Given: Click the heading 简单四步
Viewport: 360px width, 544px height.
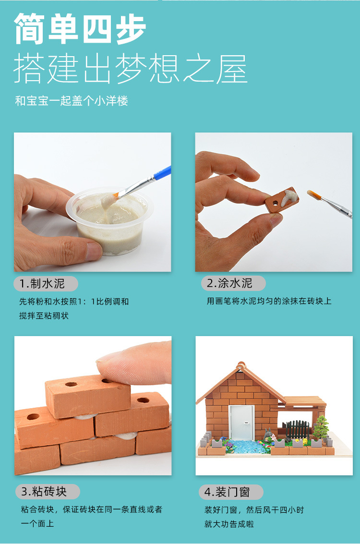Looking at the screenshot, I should click(80, 29).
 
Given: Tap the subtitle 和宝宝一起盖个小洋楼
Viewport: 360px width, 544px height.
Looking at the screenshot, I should click(72, 101).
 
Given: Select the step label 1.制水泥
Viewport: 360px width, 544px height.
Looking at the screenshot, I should click(47, 284).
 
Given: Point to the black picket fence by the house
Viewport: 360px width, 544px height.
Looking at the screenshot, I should click(298, 430).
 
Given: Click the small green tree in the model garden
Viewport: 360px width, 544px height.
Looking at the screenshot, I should click(321, 425).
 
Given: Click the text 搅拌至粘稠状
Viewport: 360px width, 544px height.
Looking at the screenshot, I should click(44, 316).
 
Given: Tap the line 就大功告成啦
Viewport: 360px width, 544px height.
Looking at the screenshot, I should click(229, 524).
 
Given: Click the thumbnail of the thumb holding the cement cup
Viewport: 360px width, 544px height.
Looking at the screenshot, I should click(93, 251).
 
